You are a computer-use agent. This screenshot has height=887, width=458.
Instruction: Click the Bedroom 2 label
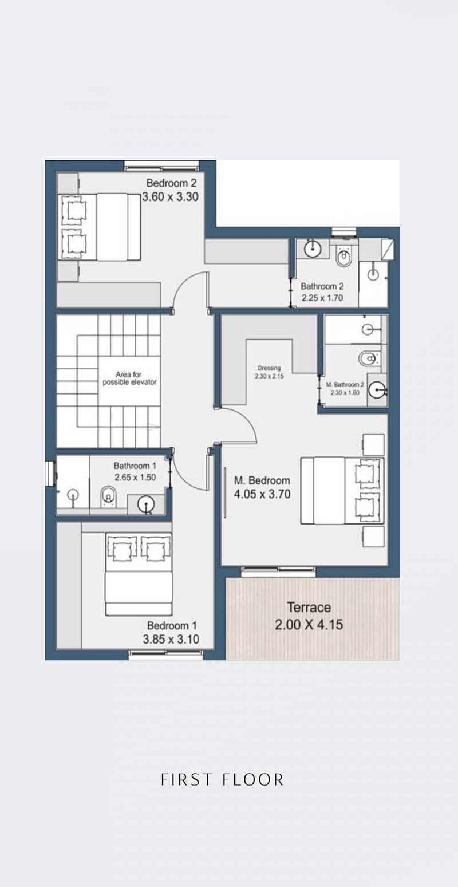pos(171,183)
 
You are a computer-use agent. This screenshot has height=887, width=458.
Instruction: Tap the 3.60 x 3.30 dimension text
pos(170,197)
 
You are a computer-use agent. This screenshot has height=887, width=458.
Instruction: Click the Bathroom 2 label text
pos(322,286)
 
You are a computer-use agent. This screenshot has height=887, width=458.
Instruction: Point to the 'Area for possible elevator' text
pos(129,378)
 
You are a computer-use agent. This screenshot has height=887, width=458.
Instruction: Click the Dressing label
pos(269,368)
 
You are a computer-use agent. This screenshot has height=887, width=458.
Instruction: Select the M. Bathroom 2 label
pos(345,384)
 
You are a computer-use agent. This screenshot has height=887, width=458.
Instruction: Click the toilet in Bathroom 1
pos(108,495)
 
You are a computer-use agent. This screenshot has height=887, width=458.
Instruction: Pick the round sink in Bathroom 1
pos(145,504)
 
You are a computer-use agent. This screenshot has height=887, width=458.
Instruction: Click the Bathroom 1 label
pos(135,466)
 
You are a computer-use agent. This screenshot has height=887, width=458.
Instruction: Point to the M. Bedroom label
pos(262,480)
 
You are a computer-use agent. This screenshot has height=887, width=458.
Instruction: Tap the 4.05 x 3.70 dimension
pos(262,494)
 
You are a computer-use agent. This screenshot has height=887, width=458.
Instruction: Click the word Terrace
pos(309,607)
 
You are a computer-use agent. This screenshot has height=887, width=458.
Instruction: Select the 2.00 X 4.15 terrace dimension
pos(309,625)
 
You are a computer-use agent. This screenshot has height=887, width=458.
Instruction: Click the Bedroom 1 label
pos(172,626)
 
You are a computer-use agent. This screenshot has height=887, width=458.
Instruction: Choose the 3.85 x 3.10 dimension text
pos(171,639)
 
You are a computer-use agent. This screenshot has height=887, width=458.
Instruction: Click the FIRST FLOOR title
pos(223,780)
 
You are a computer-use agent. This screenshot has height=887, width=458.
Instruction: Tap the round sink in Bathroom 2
pos(313,249)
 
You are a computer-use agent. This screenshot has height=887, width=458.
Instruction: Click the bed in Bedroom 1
pos(139,574)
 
